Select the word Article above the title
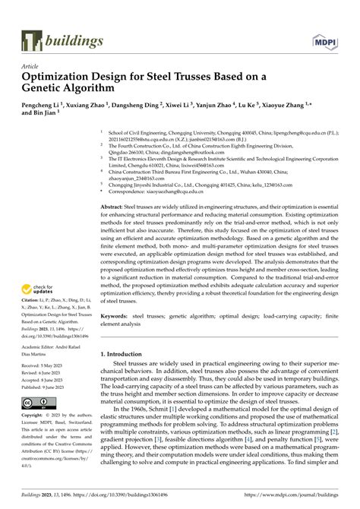tap(32, 66)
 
